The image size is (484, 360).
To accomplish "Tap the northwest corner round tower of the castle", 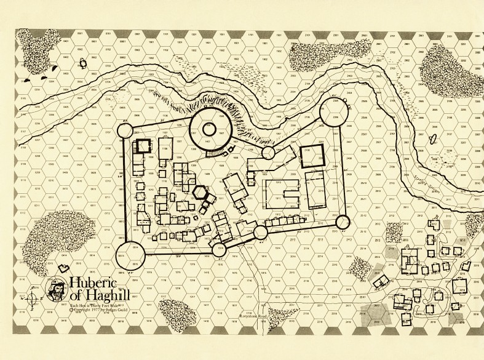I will [125, 131].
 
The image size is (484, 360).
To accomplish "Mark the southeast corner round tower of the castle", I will [343, 222].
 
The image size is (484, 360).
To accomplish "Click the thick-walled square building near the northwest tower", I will [144, 147].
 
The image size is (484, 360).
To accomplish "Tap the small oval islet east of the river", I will [434, 137].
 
